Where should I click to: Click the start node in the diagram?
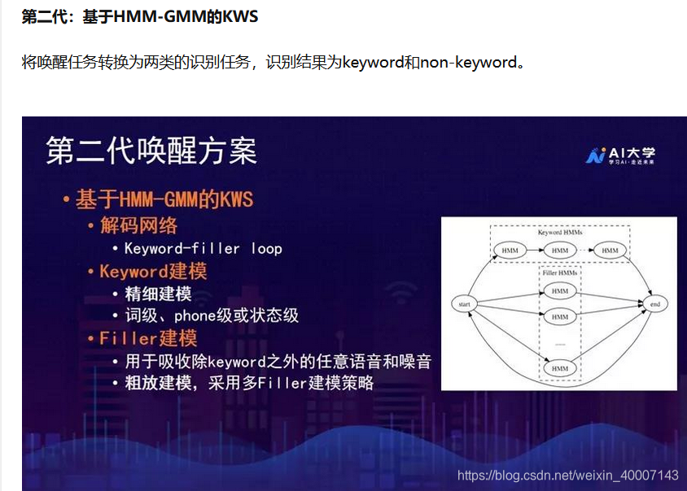click(x=465, y=304)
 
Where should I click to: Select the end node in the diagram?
click(x=654, y=304)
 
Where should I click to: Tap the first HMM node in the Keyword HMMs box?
click(x=510, y=250)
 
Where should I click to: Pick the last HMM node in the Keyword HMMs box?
click(x=610, y=250)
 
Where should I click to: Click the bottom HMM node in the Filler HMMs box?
click(x=560, y=369)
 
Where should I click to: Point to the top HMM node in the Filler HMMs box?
click(x=560, y=291)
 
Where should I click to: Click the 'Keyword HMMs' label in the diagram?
click(x=560, y=232)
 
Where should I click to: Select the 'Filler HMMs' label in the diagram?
click(x=560, y=273)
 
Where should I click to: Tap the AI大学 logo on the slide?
click(x=620, y=155)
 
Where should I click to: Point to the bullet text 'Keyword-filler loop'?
click(x=203, y=248)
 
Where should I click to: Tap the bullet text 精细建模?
click(x=158, y=294)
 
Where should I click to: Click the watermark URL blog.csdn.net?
click(x=567, y=475)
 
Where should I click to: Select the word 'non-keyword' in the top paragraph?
click(x=468, y=62)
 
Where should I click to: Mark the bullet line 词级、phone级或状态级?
click(x=212, y=316)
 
